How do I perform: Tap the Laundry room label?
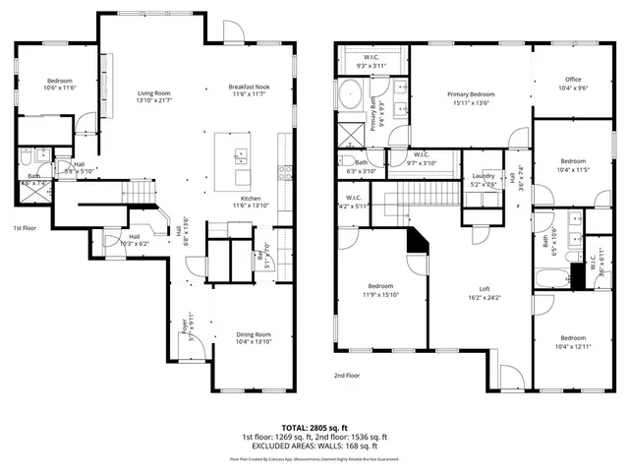click(483, 180)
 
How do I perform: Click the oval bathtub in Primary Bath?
click(350, 99)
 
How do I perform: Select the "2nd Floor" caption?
click(348, 376)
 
